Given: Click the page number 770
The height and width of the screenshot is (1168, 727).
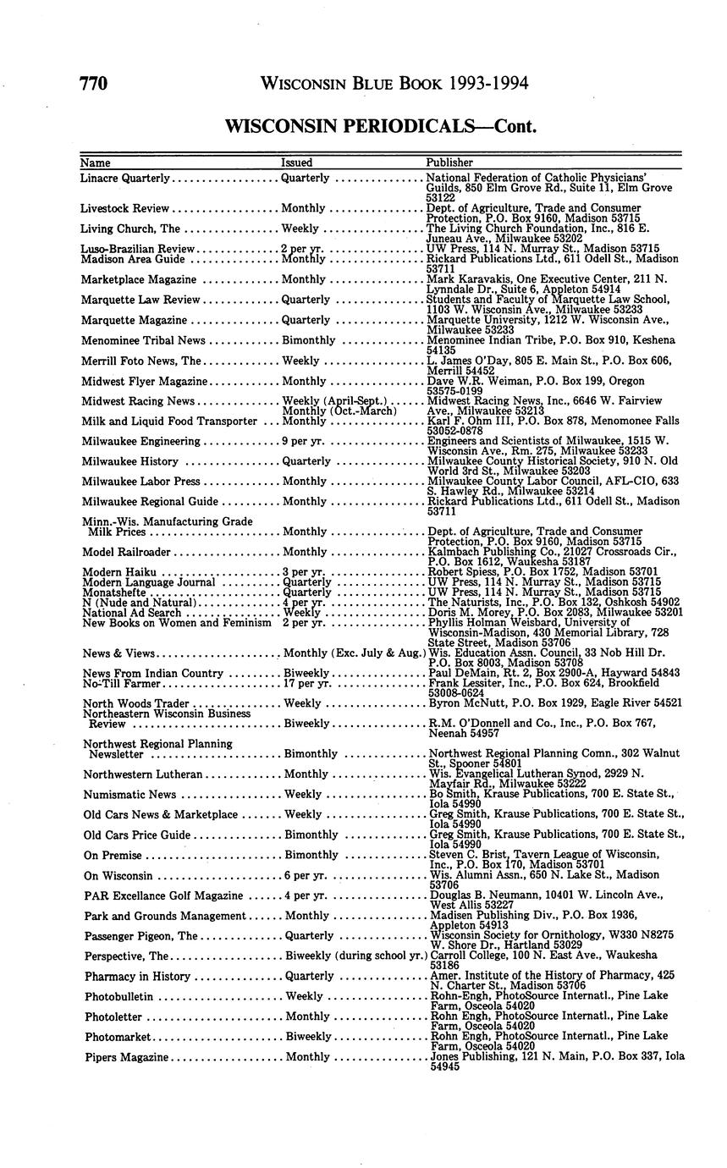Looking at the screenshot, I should click(x=93, y=83).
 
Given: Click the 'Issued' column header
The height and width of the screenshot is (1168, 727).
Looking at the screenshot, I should click(x=296, y=162).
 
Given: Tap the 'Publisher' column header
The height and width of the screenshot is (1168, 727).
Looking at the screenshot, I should click(x=449, y=162).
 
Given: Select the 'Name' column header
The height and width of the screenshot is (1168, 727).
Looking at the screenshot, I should click(x=95, y=162).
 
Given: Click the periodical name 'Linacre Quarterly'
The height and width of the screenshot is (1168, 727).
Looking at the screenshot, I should click(x=125, y=179).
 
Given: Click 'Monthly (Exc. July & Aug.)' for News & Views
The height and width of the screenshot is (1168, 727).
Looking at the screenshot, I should click(x=351, y=653).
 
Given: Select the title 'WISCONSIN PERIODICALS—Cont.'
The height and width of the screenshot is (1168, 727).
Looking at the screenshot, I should click(x=381, y=126).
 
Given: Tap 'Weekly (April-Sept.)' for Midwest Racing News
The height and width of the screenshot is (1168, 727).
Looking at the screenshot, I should click(x=333, y=401).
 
